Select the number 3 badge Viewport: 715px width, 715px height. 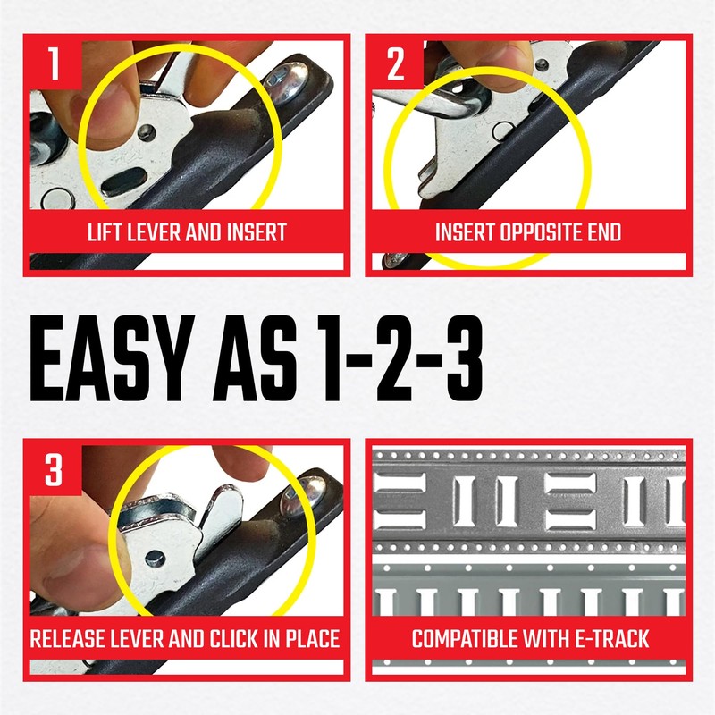pos(55,470)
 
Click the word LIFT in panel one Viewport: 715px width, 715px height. pos(107,233)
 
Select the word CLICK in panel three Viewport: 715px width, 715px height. pos(249,640)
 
